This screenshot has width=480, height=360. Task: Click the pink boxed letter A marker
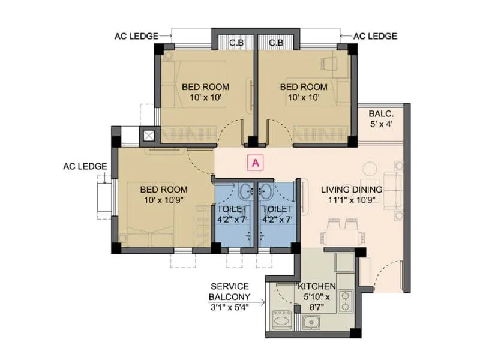tap(256, 162)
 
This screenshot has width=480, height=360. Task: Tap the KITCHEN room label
tap(317, 287)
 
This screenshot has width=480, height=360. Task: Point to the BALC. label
tap(381, 114)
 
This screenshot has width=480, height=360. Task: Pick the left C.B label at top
tap(236, 43)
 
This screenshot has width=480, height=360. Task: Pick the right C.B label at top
tap(276, 43)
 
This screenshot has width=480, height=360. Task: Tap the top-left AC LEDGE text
tap(136, 36)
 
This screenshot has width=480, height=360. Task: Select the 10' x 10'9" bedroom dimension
tap(164, 200)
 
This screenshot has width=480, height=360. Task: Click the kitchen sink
tap(311, 323)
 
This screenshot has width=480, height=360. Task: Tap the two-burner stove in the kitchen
tap(346, 301)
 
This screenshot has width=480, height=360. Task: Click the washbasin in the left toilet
tap(245, 193)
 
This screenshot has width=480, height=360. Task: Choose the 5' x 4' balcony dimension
tap(381, 125)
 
